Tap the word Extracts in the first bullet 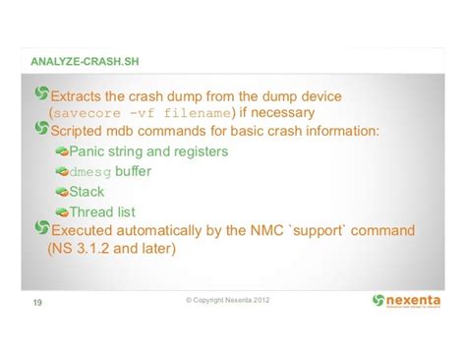point(80,96)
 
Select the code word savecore point(86,114)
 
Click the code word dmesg point(90,172)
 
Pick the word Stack point(87,192)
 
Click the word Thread point(92,211)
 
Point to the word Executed point(85,229)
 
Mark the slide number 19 point(37,303)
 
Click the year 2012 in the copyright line point(255,299)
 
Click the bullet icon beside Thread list point(61,211)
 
